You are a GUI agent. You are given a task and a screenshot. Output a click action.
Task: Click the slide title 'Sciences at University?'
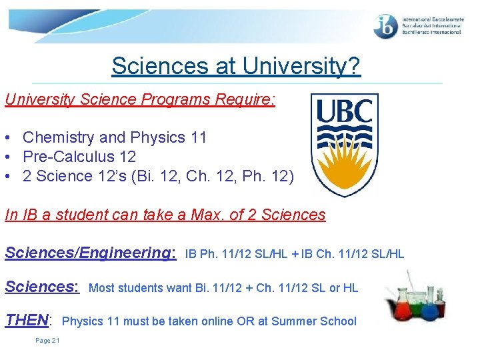236,66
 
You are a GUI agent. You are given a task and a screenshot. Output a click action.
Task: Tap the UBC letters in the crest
344,111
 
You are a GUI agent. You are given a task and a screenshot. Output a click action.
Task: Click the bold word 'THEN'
27,320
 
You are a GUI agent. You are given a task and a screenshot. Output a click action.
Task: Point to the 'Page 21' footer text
47,341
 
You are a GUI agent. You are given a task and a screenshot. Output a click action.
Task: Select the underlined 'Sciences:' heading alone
42,287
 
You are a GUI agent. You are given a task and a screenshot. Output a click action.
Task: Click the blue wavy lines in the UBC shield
344,141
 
